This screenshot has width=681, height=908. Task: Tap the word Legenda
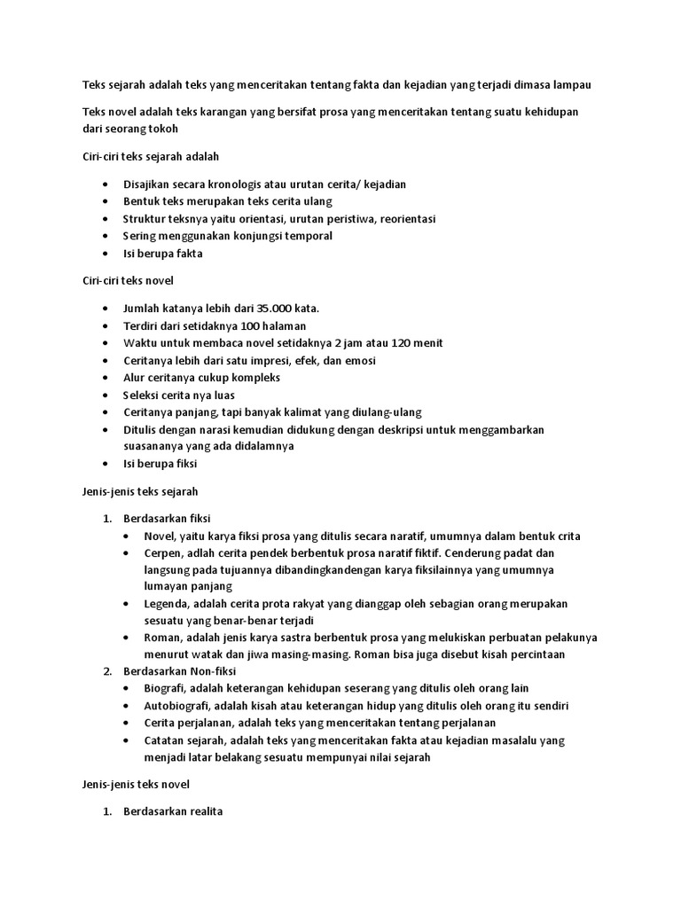[x=167, y=603]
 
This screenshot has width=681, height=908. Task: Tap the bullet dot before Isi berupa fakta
[x=106, y=254]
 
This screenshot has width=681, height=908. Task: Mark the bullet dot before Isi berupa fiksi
[x=106, y=464]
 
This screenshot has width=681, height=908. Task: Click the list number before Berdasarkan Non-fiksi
[x=107, y=671]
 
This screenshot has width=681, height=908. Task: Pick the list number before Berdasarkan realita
[x=107, y=811]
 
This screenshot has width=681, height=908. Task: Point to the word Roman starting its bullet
[x=162, y=638]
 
